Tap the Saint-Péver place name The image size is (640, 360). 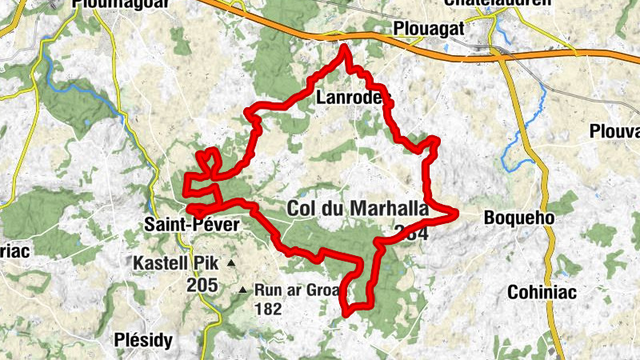(192, 225)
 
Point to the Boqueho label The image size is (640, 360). (519, 217)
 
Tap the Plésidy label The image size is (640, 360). (143, 340)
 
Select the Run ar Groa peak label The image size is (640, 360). (298, 290)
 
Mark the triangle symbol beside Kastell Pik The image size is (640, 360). (231, 262)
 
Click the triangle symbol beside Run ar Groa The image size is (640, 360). (243, 290)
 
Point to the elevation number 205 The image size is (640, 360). (203, 284)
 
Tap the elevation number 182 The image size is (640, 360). (268, 308)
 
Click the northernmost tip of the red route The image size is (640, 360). (345, 47)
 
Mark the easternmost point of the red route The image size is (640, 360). (456, 213)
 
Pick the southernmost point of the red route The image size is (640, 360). (346, 313)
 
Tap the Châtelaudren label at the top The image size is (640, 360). (498, 3)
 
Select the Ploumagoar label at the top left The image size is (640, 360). (111, 4)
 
